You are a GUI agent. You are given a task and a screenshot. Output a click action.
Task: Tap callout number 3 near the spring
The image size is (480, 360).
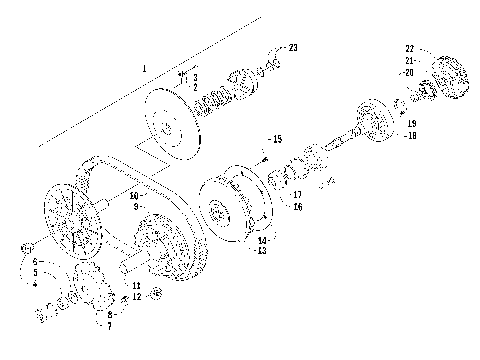click(195, 76)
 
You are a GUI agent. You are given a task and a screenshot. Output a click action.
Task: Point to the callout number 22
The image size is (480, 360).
click(409, 48)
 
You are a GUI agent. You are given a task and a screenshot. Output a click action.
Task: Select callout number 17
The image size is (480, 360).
click(297, 194)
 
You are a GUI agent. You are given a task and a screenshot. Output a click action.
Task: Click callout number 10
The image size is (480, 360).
click(133, 197)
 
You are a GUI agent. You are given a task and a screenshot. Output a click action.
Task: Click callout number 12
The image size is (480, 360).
click(136, 297)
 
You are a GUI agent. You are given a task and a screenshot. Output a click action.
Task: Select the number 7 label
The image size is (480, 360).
click(109, 326)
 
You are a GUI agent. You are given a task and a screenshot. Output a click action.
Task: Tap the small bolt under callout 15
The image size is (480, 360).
click(262, 155)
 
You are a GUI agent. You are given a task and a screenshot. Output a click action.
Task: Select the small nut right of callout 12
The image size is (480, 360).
click(158, 296)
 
